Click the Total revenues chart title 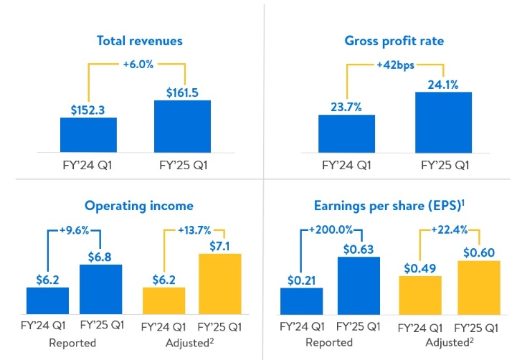click(x=140, y=41)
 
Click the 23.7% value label click(x=347, y=108)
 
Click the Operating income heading click(x=139, y=206)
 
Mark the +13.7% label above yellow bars click(x=194, y=230)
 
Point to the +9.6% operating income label click(x=73, y=230)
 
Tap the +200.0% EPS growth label click(x=333, y=230)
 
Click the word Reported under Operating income click(x=72, y=343)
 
